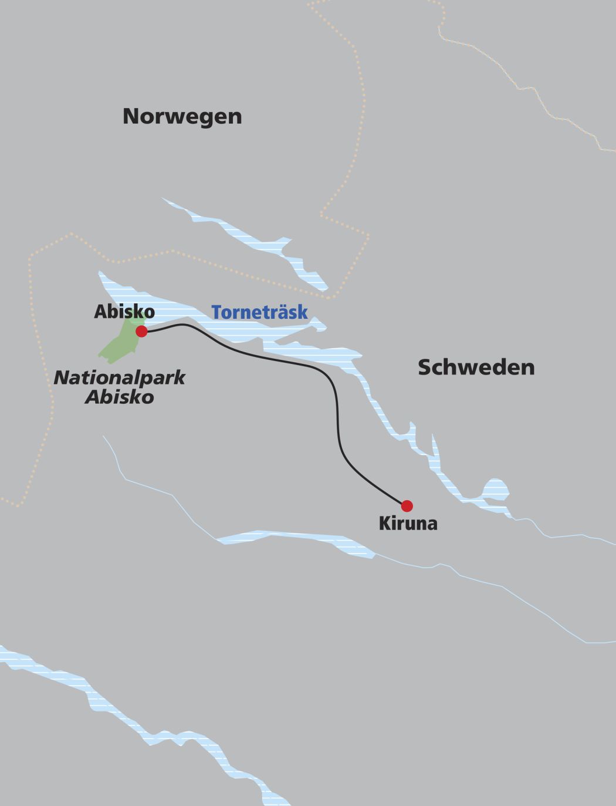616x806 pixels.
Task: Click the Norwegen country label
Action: point(182,116)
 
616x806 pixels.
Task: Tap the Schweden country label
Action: point(476,367)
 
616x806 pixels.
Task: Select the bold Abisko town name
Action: point(124,312)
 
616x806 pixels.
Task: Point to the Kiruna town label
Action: point(408,523)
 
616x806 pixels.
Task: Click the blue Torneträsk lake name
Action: point(259,312)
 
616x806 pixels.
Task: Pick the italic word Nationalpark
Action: point(120,377)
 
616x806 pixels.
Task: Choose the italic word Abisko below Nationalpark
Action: point(120,397)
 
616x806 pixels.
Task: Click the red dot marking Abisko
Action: point(141,332)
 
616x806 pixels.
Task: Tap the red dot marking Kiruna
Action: point(407,505)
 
